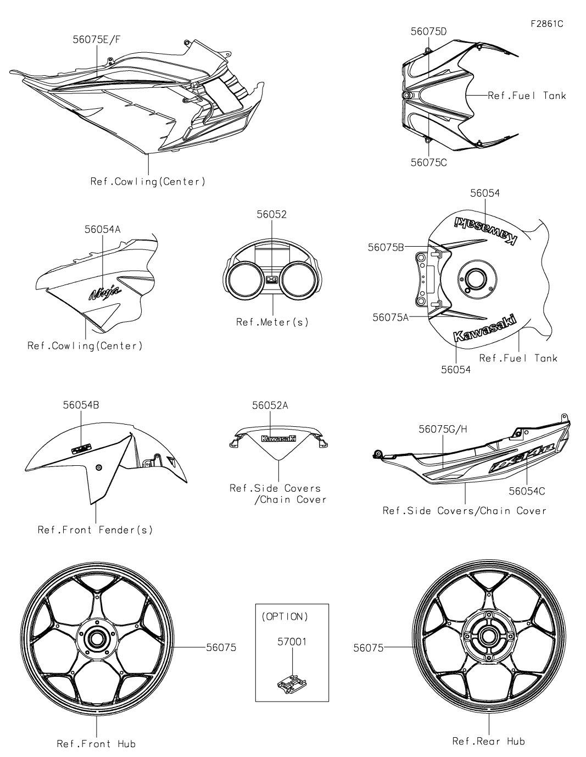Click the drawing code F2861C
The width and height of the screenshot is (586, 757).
tap(546, 24)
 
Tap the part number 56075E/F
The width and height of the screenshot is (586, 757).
tap(96, 39)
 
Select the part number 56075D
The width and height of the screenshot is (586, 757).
tap(428, 31)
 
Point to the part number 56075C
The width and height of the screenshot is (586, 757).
tap(428, 163)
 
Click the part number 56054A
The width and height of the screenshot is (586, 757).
tap(102, 230)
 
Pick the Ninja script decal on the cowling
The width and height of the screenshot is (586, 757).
tap(105, 293)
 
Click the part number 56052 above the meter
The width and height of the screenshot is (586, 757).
tap(271, 214)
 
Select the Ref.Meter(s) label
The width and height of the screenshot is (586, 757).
tap(272, 322)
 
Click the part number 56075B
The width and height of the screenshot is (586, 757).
tap(386, 248)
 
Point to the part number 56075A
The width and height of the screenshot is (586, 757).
tap(390, 317)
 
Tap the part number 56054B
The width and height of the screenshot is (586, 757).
tap(81, 405)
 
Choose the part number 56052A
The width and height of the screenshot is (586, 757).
tap(270, 405)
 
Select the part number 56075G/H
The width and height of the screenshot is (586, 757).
tap(443, 429)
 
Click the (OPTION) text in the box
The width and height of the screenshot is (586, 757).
tap(284, 616)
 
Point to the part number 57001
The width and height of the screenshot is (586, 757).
tap(292, 641)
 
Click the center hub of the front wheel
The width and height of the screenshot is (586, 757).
tap(97, 638)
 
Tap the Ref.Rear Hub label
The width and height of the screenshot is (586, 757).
tap(488, 741)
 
